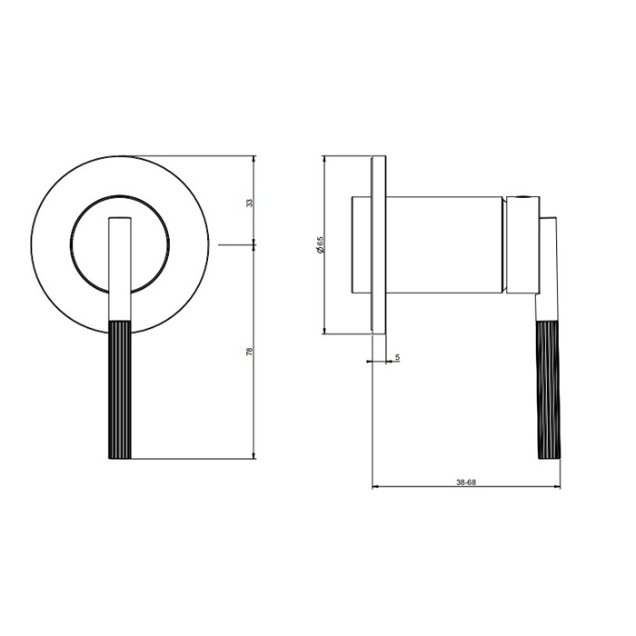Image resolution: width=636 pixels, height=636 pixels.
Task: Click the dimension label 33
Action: (x=250, y=203)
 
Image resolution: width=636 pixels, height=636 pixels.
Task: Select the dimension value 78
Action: (x=250, y=352)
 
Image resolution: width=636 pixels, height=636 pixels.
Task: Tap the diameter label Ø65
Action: (x=321, y=245)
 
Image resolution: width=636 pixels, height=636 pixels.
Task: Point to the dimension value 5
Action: (x=398, y=357)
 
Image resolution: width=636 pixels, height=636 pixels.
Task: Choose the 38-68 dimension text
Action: (x=465, y=482)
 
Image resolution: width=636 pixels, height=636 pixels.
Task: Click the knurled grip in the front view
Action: (x=120, y=390)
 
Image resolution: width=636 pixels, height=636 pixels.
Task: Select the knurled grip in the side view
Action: (x=549, y=390)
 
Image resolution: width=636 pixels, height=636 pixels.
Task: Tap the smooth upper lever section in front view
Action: (x=120, y=269)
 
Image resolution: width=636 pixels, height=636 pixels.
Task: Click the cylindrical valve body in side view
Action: (x=444, y=245)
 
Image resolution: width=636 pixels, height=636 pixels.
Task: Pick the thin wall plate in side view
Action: (x=379, y=245)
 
